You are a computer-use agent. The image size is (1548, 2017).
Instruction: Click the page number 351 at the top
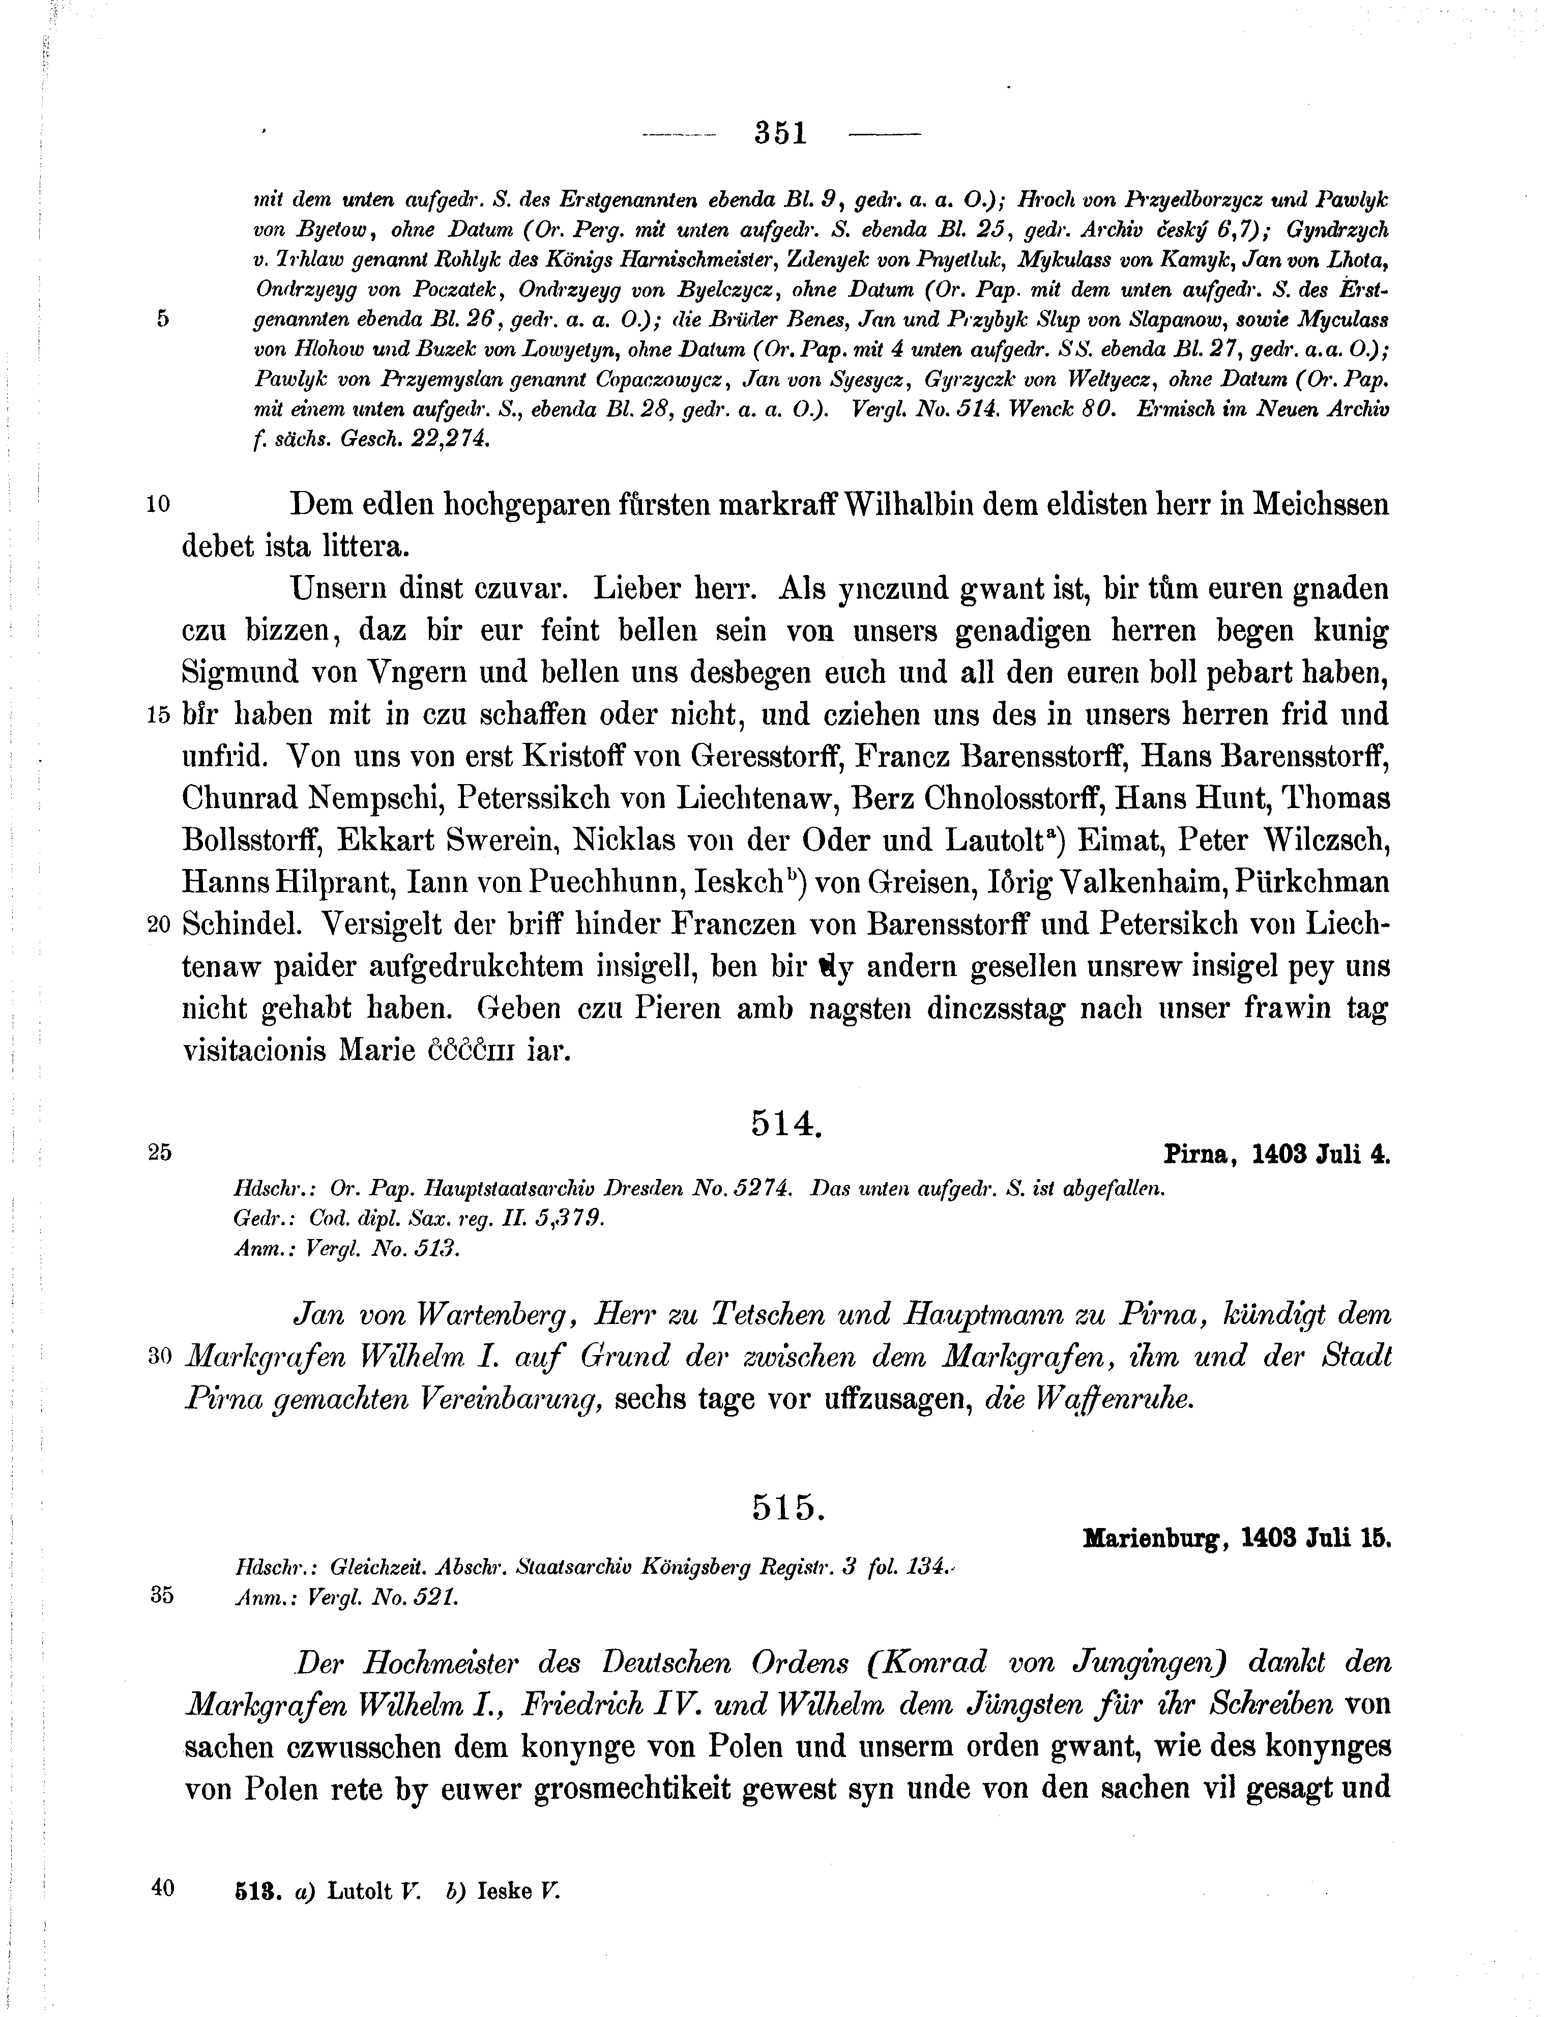[780, 134]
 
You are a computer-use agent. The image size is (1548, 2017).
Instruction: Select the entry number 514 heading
[784, 1122]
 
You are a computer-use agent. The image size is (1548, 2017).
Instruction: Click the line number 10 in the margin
[159, 504]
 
